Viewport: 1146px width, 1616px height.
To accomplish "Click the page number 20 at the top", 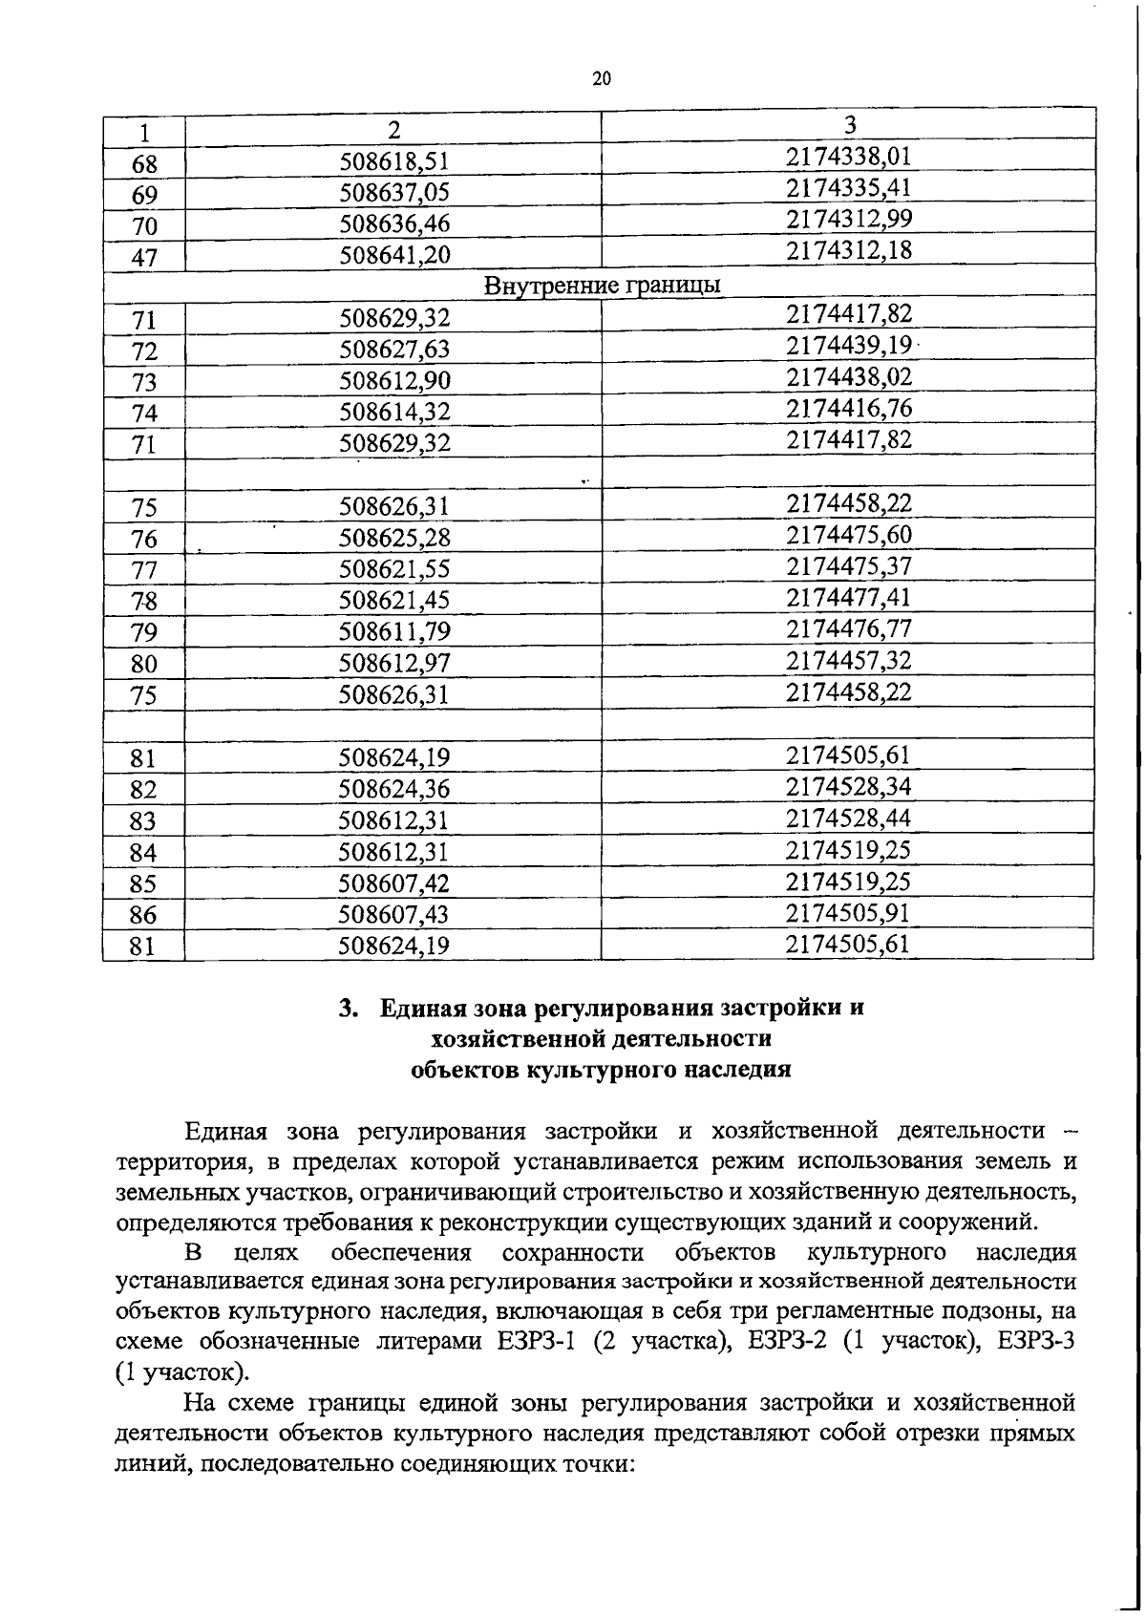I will [601, 79].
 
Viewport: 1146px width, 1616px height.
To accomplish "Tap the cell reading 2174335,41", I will [849, 187].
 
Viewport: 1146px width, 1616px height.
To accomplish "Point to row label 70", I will [144, 225].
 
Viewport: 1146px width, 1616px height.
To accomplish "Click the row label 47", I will [144, 257].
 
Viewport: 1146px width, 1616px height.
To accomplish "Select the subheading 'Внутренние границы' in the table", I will [602, 286].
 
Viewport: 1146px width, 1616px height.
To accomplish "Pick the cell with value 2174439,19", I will [849, 345].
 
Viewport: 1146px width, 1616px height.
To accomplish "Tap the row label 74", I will [144, 414].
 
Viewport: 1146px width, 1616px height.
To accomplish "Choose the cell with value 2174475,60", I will [849, 535].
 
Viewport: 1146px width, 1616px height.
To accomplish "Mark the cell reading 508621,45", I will [393, 600].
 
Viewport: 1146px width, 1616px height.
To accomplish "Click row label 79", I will [144, 632].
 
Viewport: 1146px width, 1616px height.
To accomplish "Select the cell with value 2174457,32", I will [849, 660].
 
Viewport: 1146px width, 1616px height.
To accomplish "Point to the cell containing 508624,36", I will [393, 789].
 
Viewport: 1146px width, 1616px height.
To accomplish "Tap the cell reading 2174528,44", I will [849, 818].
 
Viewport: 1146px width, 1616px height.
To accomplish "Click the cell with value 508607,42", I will [393, 883].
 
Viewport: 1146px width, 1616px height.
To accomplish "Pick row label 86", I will [144, 915].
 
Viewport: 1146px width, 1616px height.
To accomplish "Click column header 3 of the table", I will [849, 125].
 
